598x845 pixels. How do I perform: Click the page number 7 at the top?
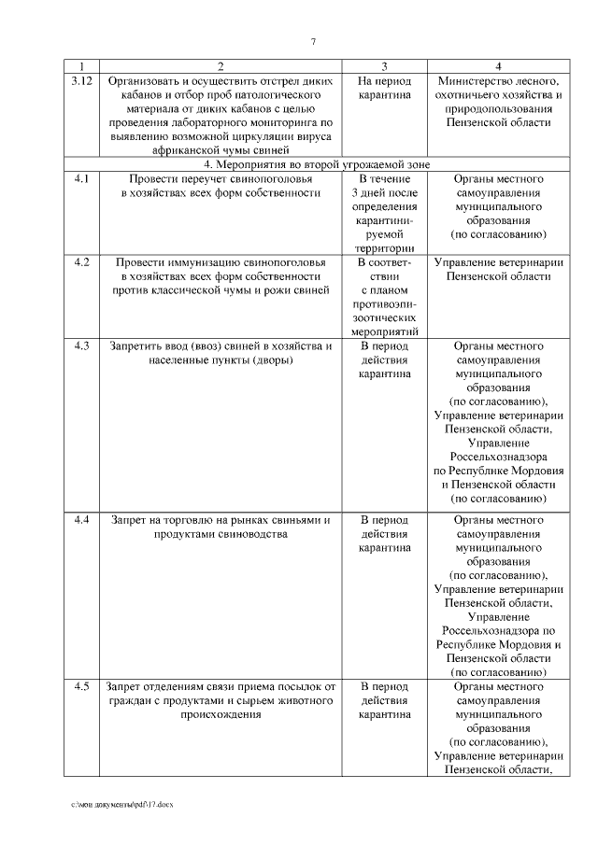click(313, 40)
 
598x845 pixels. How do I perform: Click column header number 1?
click(81, 66)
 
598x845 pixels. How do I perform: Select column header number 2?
click(221, 66)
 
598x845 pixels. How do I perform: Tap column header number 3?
click(384, 66)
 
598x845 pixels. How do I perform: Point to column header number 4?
click(498, 66)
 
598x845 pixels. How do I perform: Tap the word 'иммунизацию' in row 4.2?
click(199, 262)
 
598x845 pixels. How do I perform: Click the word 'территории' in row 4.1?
click(384, 248)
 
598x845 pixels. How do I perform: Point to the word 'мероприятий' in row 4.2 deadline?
click(384, 331)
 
